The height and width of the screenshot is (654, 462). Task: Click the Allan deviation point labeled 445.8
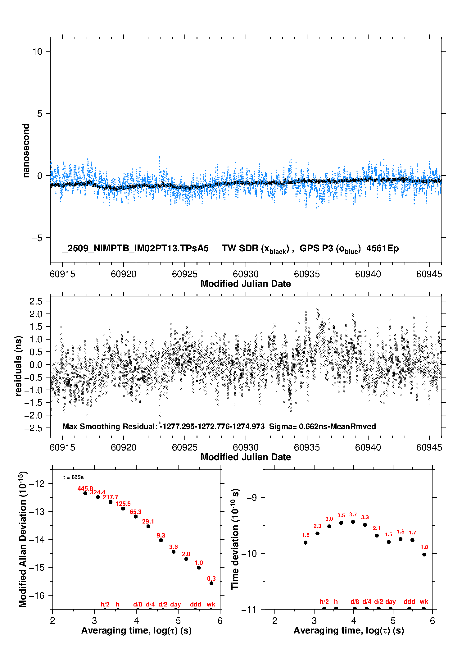tap(85, 493)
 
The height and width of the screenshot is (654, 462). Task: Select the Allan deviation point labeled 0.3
tap(211, 583)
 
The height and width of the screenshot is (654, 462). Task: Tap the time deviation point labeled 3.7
tap(353, 522)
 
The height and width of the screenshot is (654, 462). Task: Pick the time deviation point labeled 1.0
tap(424, 554)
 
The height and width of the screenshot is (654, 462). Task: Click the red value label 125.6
tap(123, 504)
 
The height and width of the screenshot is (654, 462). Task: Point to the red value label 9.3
tap(161, 535)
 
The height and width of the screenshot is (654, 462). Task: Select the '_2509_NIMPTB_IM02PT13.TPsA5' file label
tap(135, 249)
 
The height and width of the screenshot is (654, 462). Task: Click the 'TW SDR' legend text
tap(240, 249)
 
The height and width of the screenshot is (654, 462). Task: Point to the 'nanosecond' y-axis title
tap(26, 151)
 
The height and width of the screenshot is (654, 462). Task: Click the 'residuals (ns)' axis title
tap(19, 366)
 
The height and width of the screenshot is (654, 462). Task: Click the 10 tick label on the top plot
tap(37, 52)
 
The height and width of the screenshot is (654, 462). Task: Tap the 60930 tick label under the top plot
tap(246, 274)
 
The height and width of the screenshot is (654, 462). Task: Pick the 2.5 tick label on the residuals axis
tap(36, 301)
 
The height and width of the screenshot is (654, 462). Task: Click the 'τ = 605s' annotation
tap(73, 477)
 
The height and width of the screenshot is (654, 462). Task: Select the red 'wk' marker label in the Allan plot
tap(211, 604)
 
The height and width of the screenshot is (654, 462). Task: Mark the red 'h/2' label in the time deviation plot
tap(324, 601)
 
